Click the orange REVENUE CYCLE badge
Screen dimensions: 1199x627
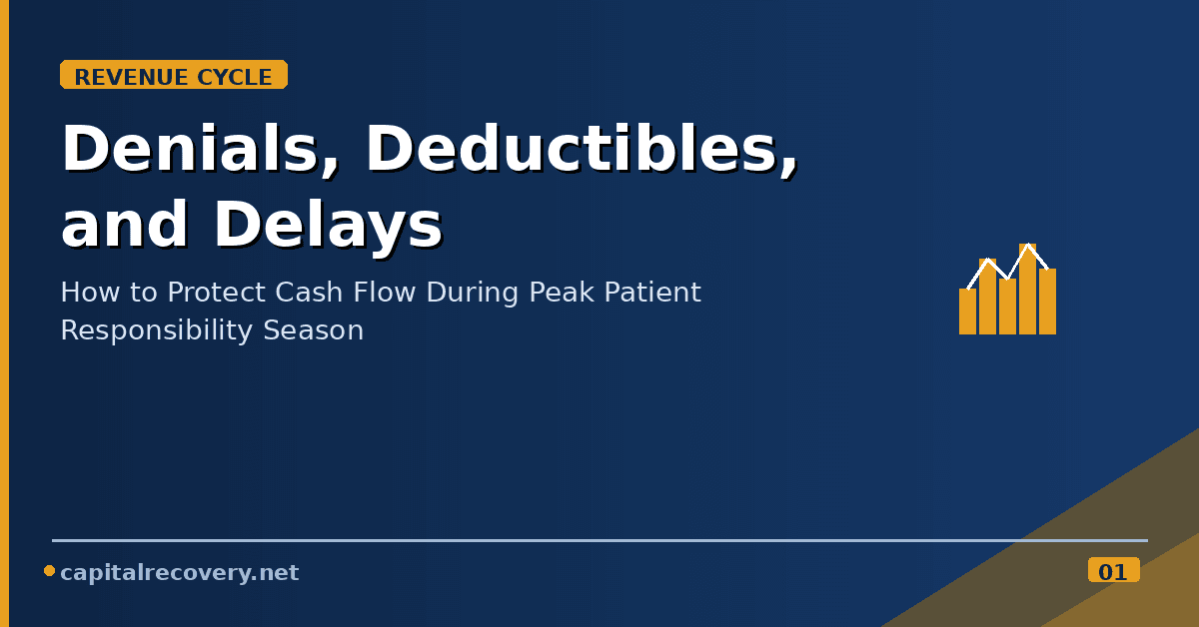pyautogui.click(x=174, y=74)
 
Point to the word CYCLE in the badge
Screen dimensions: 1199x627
pyautogui.click(x=235, y=78)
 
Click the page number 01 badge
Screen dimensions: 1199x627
pyautogui.click(x=1114, y=570)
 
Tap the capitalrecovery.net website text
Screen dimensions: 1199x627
pyautogui.click(x=179, y=572)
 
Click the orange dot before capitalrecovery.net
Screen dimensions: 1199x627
pyautogui.click(x=49, y=571)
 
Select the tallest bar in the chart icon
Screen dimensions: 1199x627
pyautogui.click(x=1028, y=289)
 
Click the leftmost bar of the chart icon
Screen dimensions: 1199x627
pyautogui.click(x=968, y=312)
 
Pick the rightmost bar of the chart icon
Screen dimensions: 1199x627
pyautogui.click(x=1047, y=302)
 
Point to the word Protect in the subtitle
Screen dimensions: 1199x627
pyautogui.click(x=217, y=293)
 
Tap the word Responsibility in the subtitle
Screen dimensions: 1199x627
pyautogui.click(x=156, y=330)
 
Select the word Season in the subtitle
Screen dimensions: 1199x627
pyautogui.click(x=313, y=330)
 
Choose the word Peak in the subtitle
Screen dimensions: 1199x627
pyautogui.click(x=562, y=293)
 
